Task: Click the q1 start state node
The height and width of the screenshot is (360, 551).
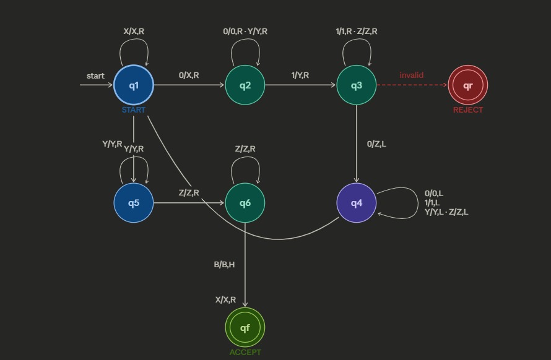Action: point(134,85)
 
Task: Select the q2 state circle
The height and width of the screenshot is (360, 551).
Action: point(245,85)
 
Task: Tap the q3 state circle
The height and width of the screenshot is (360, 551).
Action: point(357,85)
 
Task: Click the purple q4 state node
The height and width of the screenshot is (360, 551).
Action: point(357,203)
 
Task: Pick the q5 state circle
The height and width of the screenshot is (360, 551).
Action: point(134,203)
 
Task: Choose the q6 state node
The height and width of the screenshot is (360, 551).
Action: point(245,203)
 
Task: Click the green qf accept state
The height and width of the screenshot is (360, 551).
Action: point(245,327)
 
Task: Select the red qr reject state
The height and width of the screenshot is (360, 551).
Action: point(467,85)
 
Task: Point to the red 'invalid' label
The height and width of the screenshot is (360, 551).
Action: point(412,75)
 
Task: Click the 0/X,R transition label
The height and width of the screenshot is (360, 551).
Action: point(189,75)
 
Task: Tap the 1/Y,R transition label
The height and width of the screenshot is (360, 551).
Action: point(300,75)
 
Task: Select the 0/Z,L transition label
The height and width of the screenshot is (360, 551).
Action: point(376,144)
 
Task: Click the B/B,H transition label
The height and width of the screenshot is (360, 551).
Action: point(224,265)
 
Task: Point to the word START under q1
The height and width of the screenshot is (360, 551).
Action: point(134,110)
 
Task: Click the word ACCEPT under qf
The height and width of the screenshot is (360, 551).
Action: point(245,353)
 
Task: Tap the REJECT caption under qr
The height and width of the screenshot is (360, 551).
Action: point(467,110)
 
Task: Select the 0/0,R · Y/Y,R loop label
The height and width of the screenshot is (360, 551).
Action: point(245,32)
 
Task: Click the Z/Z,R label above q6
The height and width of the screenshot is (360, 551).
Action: point(245,149)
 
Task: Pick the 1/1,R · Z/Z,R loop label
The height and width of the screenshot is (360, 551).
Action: point(357,32)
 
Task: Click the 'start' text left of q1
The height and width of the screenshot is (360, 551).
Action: point(95,76)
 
